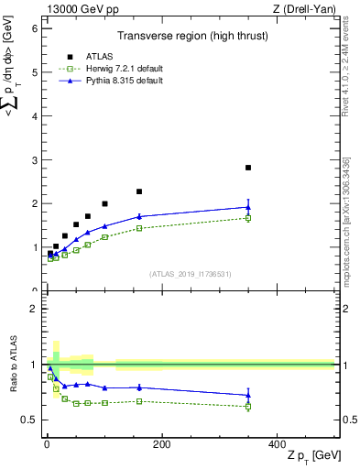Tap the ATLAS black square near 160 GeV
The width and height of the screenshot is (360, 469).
pyautogui.click(x=139, y=191)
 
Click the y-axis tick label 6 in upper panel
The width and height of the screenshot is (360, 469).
pyautogui.click(x=35, y=28)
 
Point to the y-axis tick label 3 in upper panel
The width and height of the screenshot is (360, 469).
pyautogui.click(x=35, y=160)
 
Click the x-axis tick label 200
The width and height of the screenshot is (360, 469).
pyautogui.click(x=161, y=444)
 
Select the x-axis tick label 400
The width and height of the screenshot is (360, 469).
pyautogui.click(x=277, y=444)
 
